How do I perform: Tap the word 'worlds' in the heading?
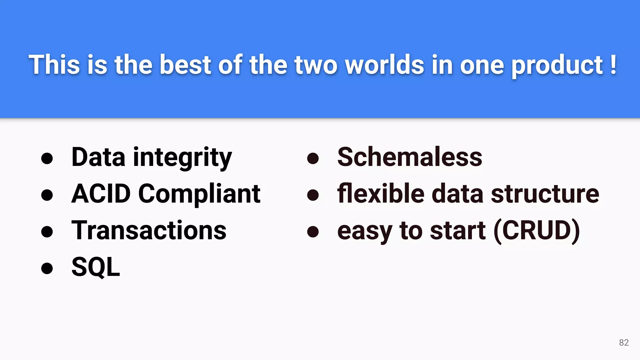pyautogui.click(x=385, y=65)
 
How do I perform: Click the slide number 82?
pyautogui.click(x=624, y=342)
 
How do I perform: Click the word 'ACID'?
pyautogui.click(x=101, y=194)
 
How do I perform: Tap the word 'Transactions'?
pyautogui.click(x=149, y=231)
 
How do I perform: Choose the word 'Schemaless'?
pyautogui.click(x=410, y=157)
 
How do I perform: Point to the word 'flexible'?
pyautogui.click(x=381, y=194)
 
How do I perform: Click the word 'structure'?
pyautogui.click(x=545, y=194)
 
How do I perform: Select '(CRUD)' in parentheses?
pyautogui.click(x=537, y=231)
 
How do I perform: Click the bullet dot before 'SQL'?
pyautogui.click(x=47, y=268)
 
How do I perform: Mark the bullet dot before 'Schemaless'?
pyautogui.click(x=313, y=158)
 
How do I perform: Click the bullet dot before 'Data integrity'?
pyautogui.click(x=47, y=158)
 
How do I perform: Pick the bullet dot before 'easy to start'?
pyautogui.click(x=313, y=232)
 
